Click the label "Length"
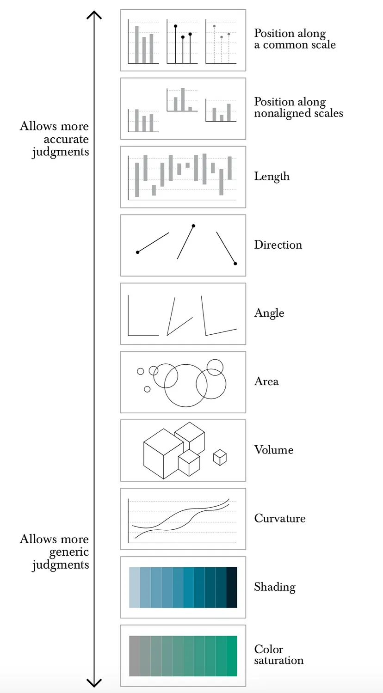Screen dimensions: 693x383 pyautogui.click(x=272, y=177)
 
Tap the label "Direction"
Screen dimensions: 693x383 pyautogui.click(x=278, y=245)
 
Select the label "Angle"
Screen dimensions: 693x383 pyautogui.click(x=269, y=313)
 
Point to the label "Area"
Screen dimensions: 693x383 pyautogui.click(x=266, y=381)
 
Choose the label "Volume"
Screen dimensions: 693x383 pyautogui.click(x=273, y=450)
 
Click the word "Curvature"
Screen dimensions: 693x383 pyautogui.click(x=279, y=518)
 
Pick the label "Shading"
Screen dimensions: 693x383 pyautogui.click(x=274, y=587)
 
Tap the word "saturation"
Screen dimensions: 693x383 pyautogui.click(x=278, y=660)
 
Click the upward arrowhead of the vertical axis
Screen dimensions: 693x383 pyautogui.click(x=94, y=15)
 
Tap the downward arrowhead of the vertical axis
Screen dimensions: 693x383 pyautogui.click(x=94, y=683)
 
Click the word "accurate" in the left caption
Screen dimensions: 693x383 pyautogui.click(x=66, y=139)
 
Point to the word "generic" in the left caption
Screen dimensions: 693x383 pyautogui.click(x=69, y=552)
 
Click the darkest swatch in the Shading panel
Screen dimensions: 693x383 pyautogui.click(x=232, y=587)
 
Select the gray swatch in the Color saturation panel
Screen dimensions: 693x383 pyautogui.click(x=134, y=656)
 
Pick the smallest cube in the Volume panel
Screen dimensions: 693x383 pyautogui.click(x=220, y=457)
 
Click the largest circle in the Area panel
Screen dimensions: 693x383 pyautogui.click(x=185, y=386)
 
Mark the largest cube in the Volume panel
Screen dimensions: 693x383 pyautogui.click(x=163, y=453)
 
